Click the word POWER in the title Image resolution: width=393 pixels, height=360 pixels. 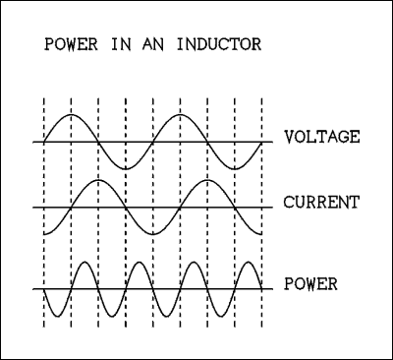click(x=61, y=46)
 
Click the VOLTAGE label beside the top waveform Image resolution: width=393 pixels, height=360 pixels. click(x=321, y=137)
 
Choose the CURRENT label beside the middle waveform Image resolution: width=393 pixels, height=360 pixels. click(x=321, y=203)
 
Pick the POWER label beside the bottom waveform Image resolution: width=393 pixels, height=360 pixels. click(x=310, y=285)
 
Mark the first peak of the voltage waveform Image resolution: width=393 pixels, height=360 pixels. click(x=72, y=115)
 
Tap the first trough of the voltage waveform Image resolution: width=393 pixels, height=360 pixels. click(x=126, y=168)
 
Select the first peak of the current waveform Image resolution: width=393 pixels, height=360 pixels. click(x=98, y=181)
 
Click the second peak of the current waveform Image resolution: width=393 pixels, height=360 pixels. click(x=207, y=181)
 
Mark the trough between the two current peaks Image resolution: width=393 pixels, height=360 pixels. click(x=152, y=234)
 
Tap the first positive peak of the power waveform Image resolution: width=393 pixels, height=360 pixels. click(x=85, y=262)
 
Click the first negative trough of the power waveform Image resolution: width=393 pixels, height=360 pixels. click(x=58, y=316)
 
